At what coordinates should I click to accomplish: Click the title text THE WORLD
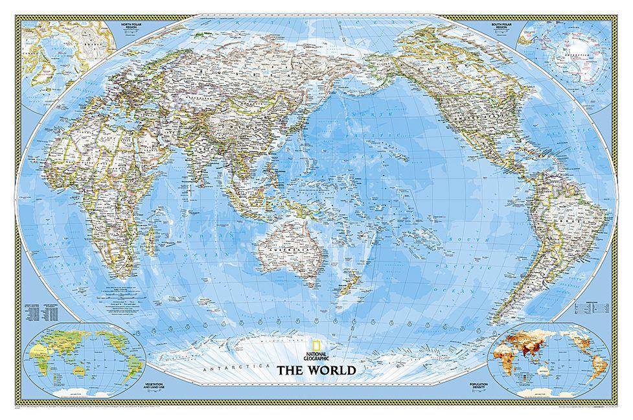(316, 371)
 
